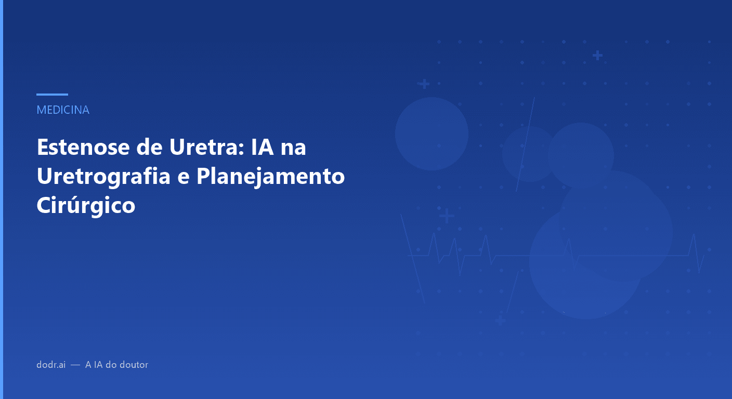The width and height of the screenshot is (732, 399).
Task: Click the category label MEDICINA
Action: [63, 110]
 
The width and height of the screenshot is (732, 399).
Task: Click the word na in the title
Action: [293, 148]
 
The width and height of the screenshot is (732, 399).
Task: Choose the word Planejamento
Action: [270, 177]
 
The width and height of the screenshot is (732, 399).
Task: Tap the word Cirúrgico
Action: [86, 206]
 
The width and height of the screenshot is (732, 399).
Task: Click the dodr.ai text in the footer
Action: [51, 365]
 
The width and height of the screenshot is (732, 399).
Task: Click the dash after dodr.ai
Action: [75, 365]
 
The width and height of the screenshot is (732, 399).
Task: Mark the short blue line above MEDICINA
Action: [52, 95]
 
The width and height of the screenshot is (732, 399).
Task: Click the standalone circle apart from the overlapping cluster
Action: [432, 134]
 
